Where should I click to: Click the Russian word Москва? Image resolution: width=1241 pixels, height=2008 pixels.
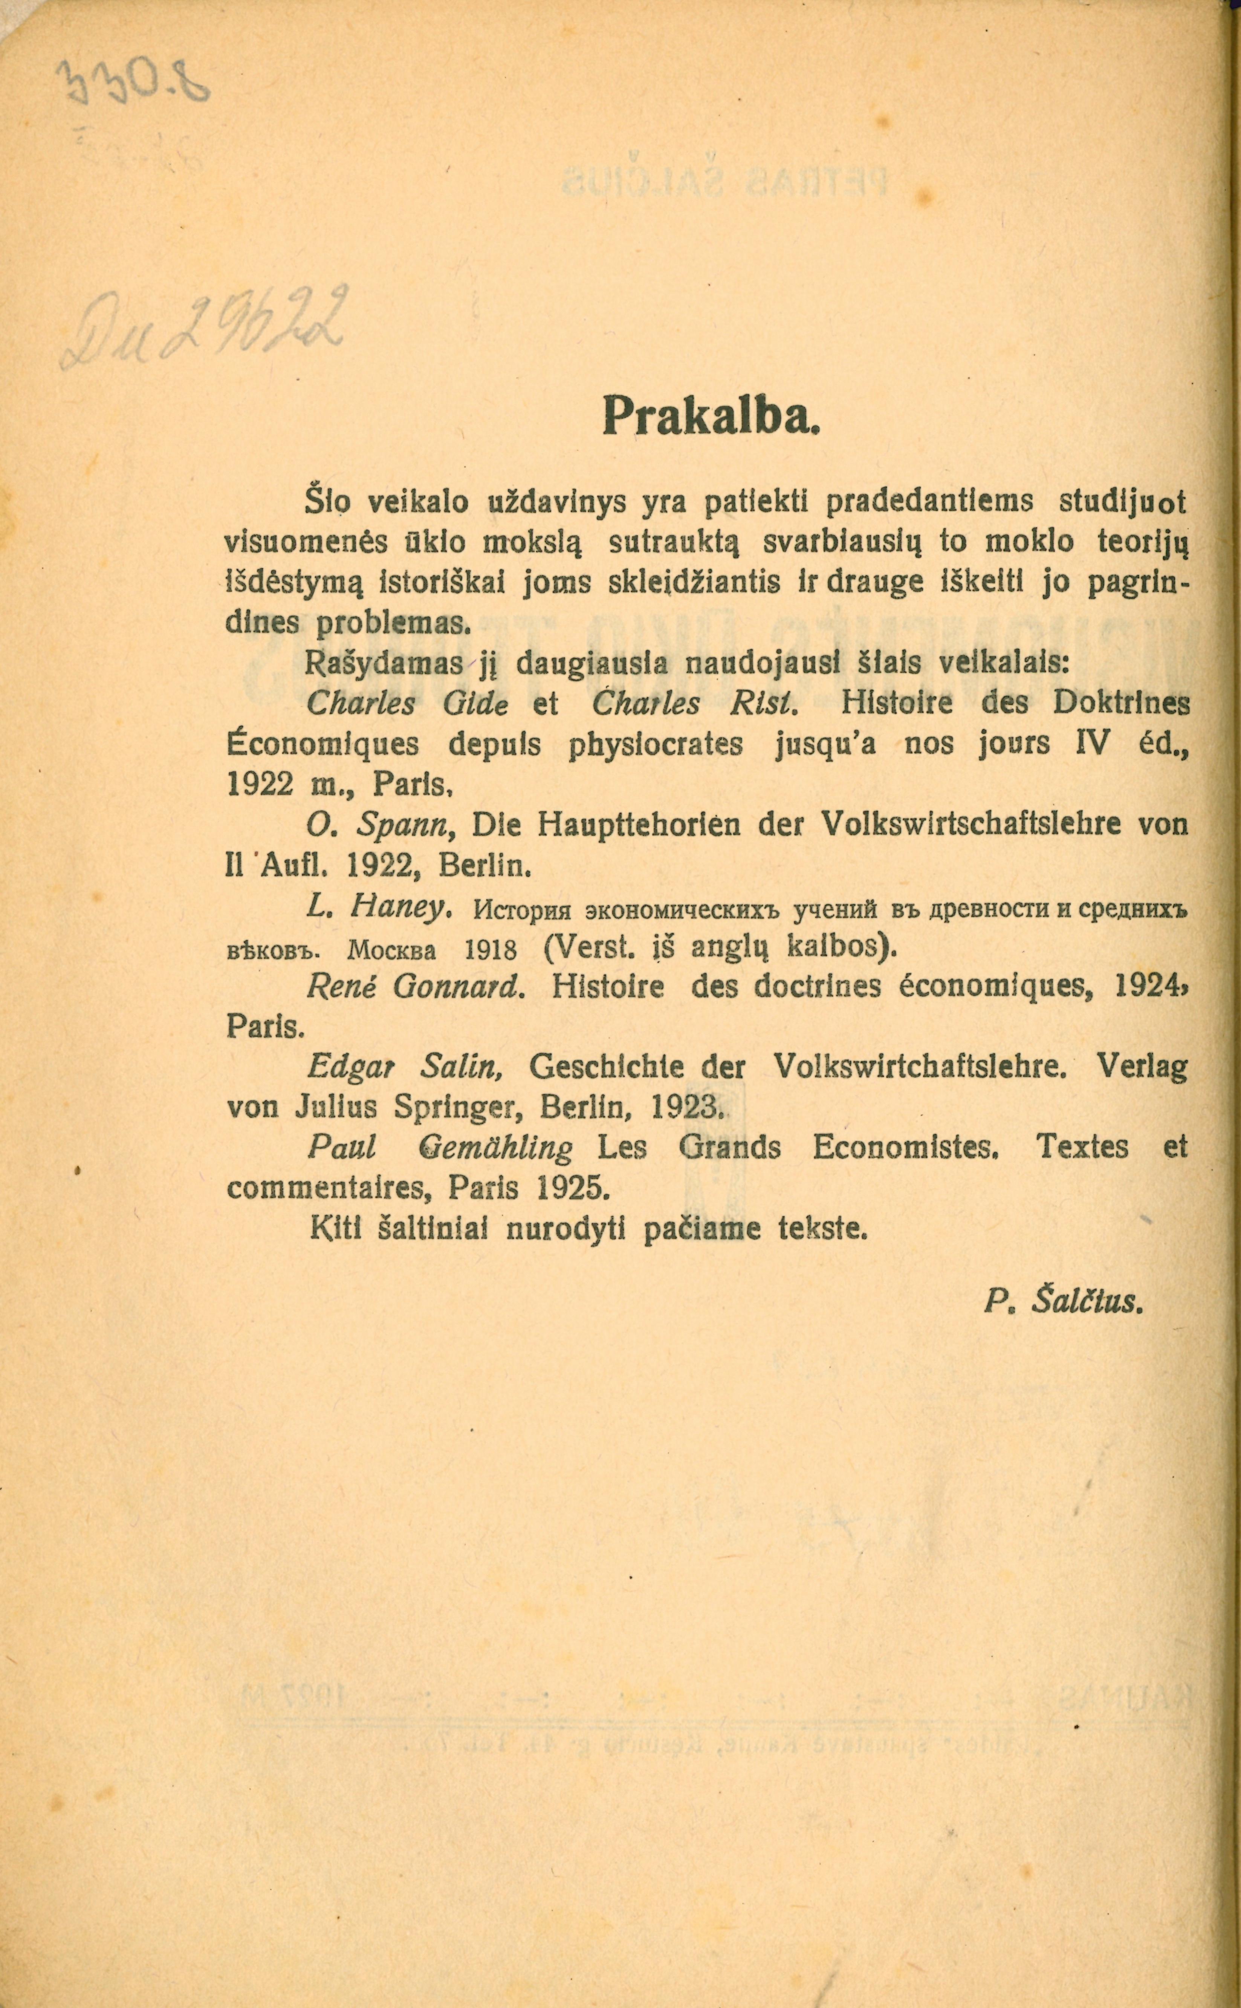(x=391, y=950)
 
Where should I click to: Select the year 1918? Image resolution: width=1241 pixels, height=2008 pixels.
(x=490, y=950)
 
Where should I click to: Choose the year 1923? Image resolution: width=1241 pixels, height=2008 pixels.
(x=685, y=1108)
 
